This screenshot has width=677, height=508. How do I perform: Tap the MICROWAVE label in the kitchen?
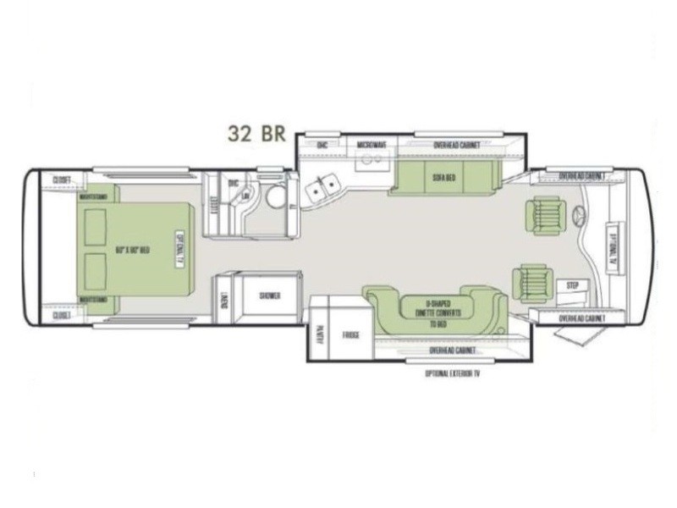pyautogui.click(x=372, y=146)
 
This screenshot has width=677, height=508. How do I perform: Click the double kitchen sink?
pyautogui.click(x=323, y=190)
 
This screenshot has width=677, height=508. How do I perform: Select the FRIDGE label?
pyautogui.click(x=351, y=336)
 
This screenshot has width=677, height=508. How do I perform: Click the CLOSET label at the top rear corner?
pyautogui.click(x=61, y=179)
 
